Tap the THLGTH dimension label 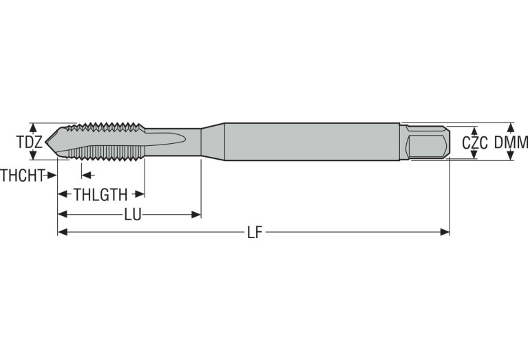(101, 195)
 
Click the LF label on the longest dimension (255, 233)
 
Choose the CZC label (474, 143)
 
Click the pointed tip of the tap (48, 142)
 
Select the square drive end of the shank (427, 142)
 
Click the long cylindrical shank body (310, 142)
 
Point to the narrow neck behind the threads (172, 141)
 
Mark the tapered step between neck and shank (213, 141)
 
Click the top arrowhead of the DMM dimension (510, 127)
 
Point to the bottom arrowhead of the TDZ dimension (32, 158)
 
